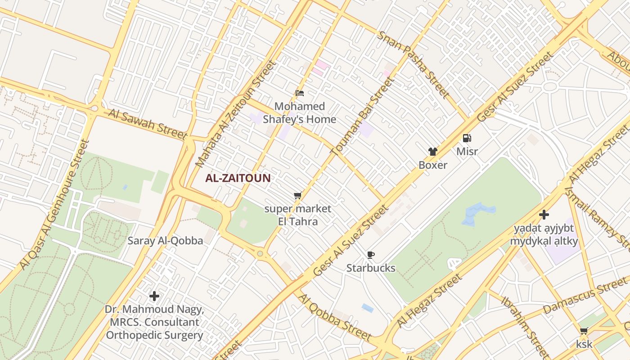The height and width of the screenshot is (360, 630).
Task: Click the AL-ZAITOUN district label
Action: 238,178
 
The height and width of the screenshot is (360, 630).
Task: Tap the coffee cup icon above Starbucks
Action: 370,255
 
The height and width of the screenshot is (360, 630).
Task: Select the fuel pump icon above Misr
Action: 467,138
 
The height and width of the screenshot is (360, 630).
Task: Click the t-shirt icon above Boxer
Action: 432,152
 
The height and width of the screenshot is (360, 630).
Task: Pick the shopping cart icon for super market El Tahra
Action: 297,196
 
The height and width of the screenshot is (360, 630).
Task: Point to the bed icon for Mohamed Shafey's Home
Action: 300,93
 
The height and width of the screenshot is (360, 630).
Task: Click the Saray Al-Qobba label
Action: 165,241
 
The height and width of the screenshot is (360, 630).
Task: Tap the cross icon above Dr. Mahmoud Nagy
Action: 154,296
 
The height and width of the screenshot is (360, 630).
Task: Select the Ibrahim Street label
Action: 525,326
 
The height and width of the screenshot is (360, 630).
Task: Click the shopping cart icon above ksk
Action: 584,331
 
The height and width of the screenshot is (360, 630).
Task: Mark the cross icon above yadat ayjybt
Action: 544,215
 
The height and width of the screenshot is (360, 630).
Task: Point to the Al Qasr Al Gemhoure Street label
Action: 55,205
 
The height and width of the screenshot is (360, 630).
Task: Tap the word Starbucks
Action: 371,268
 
